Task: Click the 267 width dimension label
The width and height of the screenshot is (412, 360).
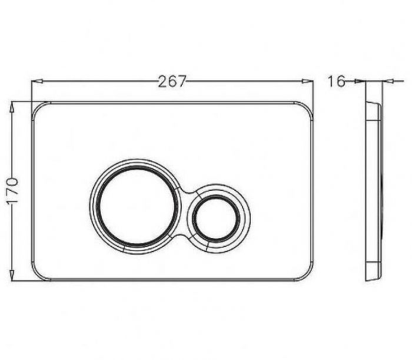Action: click(x=172, y=81)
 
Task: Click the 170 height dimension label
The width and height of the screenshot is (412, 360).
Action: click(x=12, y=191)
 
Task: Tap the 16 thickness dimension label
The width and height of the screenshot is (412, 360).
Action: click(x=336, y=81)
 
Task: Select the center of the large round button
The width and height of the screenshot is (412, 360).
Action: click(x=135, y=207)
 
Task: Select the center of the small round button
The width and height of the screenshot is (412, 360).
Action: click(x=216, y=218)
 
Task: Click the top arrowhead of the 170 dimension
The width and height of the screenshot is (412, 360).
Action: click(x=12, y=108)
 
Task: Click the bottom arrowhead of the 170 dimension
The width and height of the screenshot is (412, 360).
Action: click(x=12, y=275)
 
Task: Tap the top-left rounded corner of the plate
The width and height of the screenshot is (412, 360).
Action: click(x=37, y=107)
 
